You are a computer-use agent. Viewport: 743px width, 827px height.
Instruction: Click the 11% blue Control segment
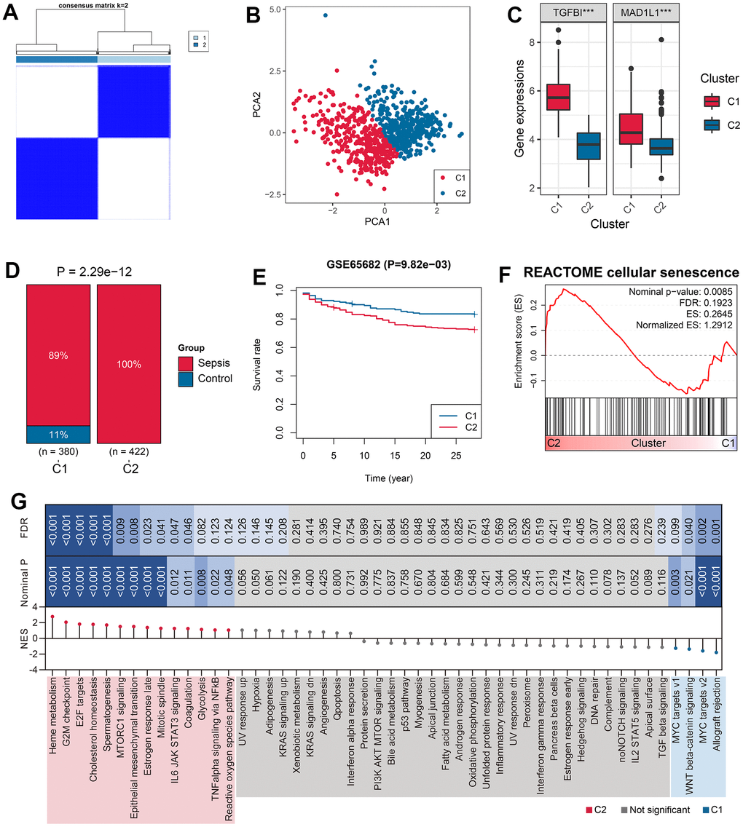coord(59,434)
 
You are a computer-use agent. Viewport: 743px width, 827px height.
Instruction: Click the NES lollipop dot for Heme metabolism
coord(52,617)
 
